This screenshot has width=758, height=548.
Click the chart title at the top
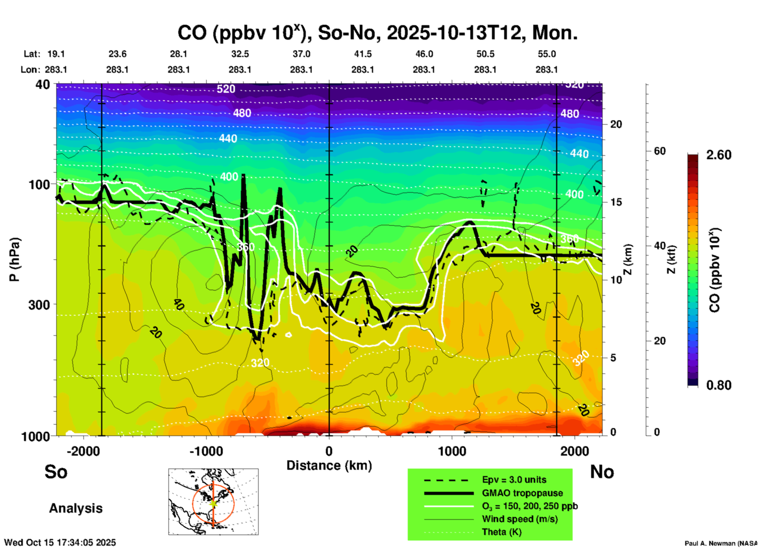coord(377,33)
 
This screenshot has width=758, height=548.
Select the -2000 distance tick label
coord(83,451)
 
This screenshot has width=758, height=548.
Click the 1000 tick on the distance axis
coord(452,451)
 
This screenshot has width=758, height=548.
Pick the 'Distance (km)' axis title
coord(329,465)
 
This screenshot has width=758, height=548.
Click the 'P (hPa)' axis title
coord(15,259)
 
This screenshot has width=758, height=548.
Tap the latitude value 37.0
coord(301,54)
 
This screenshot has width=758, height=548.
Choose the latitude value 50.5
coord(485,54)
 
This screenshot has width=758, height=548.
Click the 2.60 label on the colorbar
coord(719,155)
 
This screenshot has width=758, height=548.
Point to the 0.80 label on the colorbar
coord(719,385)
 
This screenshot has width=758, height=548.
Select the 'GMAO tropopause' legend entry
coord(522,493)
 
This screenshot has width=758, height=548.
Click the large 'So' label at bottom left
coord(56,472)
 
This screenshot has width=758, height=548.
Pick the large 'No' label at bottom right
coord(602,472)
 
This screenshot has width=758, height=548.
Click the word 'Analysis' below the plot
coord(76,508)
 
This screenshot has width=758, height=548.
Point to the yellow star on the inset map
coord(213,503)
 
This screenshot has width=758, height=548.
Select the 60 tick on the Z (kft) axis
coord(659,151)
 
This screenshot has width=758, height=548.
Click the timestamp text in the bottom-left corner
coord(60,542)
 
